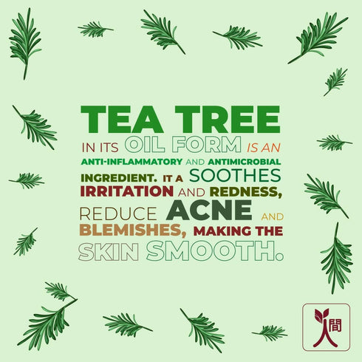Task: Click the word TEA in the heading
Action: pyautogui.click(x=117, y=119)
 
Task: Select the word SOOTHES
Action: pyautogui.click(x=235, y=176)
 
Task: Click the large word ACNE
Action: pyautogui.click(x=209, y=210)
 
